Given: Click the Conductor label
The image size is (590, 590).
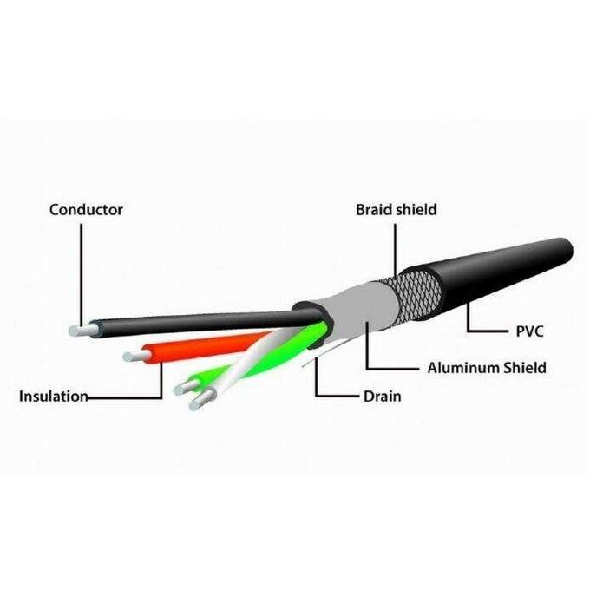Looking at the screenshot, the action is click(x=86, y=210).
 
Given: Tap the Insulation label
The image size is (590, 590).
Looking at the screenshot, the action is click(x=54, y=397).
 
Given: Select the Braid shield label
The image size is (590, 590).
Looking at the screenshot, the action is click(x=397, y=210).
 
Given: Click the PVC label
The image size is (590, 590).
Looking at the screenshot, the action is click(x=529, y=331).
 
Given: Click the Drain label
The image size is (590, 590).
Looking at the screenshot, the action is click(x=383, y=397).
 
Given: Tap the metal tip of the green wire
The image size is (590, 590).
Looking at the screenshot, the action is click(x=186, y=387).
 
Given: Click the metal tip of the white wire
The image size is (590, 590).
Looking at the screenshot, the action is click(x=201, y=400).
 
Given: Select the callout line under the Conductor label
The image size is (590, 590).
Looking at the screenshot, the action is click(x=82, y=276).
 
